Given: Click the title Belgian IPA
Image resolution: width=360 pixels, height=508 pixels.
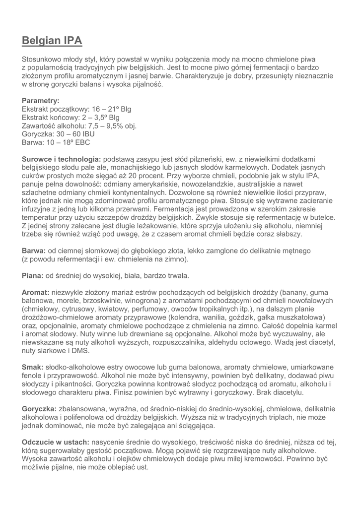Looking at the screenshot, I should point(52,41).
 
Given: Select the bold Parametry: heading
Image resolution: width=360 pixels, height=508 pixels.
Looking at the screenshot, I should point(41,101).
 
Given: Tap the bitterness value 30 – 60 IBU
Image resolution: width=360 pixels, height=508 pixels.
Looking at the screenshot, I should point(78,134).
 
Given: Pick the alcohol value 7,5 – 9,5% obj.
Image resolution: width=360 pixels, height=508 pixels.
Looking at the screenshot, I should point(112,126).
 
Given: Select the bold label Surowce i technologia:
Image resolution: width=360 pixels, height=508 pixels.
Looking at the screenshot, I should point(62,159).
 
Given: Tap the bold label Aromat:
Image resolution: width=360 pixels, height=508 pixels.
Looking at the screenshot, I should point(35,293).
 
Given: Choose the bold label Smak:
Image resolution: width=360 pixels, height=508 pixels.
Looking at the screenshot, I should point(33,368).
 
